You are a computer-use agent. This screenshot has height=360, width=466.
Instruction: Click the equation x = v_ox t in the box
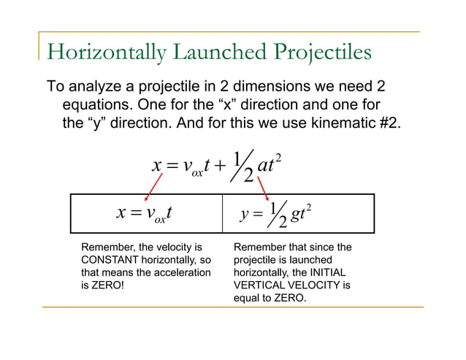pyautogui.click(x=143, y=213)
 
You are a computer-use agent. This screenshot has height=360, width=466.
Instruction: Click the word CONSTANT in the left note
pyautogui.click(x=110, y=260)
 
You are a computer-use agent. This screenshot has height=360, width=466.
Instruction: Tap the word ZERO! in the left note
pyautogui.click(x=107, y=286)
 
